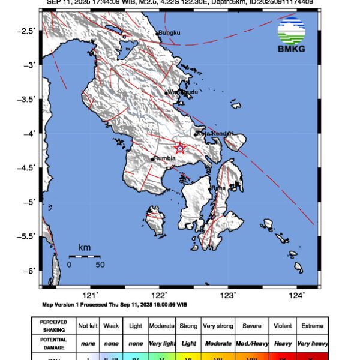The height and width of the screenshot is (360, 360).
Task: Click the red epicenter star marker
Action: pyautogui.click(x=179, y=148)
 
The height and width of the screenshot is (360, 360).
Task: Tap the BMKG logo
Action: pyautogui.click(x=291, y=36)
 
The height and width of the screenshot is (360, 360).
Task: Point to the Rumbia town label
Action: pyautogui.click(x=164, y=158)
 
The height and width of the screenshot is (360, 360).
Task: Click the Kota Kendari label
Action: pyautogui.click(x=215, y=133)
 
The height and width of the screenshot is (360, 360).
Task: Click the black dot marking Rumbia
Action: pyautogui.click(x=152, y=159)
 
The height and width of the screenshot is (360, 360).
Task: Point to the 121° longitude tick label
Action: pyautogui.click(x=91, y=295)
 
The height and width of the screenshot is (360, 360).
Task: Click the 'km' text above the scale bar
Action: pyautogui.click(x=85, y=248)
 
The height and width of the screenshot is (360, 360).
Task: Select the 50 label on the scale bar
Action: pyautogui.click(x=100, y=264)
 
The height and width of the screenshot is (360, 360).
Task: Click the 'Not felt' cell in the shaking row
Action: pyautogui.click(x=88, y=326)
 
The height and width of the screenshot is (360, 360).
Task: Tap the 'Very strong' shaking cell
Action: pyautogui.click(x=218, y=326)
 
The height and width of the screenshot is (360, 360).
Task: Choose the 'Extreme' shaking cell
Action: pyautogui.click(x=311, y=326)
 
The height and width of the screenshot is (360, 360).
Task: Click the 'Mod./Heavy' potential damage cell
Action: pyautogui.click(x=251, y=344)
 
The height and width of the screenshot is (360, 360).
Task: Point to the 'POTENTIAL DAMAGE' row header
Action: pyautogui.click(x=53, y=344)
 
